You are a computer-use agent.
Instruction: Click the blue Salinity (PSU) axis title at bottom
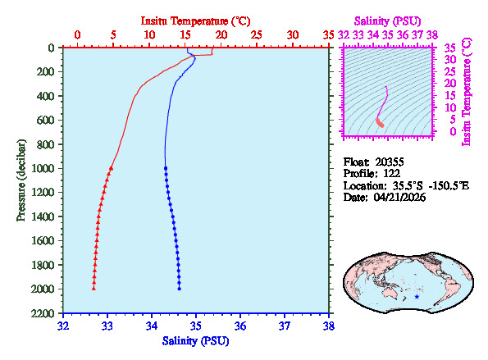(195, 340)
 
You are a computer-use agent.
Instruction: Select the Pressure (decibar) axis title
(21, 180)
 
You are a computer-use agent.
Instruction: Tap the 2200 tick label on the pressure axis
(46, 313)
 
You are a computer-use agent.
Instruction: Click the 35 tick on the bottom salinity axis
(196, 325)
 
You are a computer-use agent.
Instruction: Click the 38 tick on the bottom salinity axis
(329, 325)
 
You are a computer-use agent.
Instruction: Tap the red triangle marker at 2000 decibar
(93, 289)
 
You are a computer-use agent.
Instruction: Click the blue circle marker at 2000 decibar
(180, 289)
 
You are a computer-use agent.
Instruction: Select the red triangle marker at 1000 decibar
(112, 168)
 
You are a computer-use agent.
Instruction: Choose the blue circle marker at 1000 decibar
(166, 168)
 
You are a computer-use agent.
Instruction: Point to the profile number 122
(392, 174)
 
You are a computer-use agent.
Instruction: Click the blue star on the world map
(417, 296)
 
